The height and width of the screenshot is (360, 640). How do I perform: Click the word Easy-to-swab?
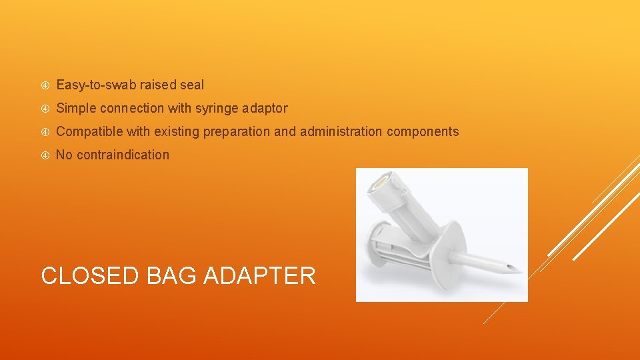(96, 85)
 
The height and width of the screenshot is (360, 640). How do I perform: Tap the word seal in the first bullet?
(191, 85)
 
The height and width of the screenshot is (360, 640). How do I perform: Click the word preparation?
(236, 131)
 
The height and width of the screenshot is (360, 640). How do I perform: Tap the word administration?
(339, 131)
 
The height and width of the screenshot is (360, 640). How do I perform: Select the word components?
(421, 131)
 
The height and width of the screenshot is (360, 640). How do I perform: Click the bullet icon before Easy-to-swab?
(45, 85)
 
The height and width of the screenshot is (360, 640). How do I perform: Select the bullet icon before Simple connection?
(45, 109)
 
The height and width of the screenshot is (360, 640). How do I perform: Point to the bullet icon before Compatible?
(45, 132)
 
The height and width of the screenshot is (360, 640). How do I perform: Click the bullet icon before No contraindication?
(45, 155)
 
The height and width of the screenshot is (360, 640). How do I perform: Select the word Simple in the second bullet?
(76, 108)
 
